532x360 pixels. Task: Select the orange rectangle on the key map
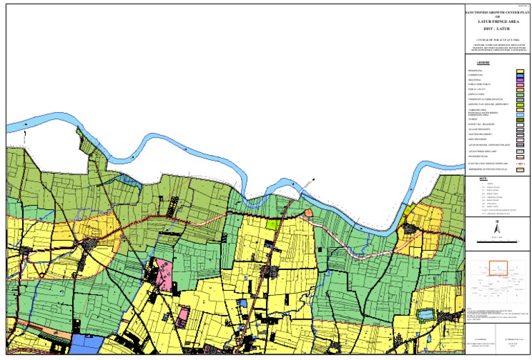click(499, 266)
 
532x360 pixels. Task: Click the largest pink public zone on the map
click(164, 274)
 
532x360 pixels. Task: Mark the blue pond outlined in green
click(425, 316)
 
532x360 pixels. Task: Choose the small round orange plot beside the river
click(309, 213)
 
